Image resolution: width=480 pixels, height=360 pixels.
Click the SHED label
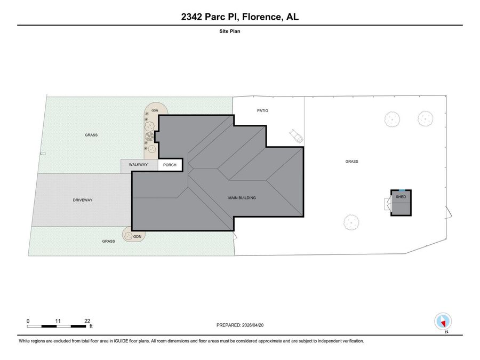tap(401, 197)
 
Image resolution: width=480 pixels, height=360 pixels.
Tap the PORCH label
tap(170, 165)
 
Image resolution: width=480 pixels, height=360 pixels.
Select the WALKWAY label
tap(138, 164)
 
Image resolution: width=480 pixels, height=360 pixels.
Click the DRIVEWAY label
tap(83, 200)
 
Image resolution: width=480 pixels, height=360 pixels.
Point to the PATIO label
tap(262, 110)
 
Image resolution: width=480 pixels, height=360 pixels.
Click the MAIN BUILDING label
tap(242, 198)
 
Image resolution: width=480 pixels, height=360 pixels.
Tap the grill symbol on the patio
tap(297, 136)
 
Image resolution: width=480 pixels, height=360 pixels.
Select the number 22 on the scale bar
tap(87, 321)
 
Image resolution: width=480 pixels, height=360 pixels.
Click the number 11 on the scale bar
tap(58, 321)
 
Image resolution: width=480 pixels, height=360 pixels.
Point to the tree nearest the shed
tap(351, 222)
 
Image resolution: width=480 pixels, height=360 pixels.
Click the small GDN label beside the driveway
tap(137, 236)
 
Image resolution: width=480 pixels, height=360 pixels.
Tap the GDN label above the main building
tap(155, 110)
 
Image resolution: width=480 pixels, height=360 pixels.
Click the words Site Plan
tap(229, 31)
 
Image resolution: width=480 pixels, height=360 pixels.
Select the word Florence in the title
tap(262, 17)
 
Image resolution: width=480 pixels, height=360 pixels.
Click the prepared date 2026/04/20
tap(253, 325)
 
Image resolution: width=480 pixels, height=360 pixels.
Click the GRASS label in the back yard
tap(352, 161)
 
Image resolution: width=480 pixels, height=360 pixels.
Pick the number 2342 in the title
tap(191, 17)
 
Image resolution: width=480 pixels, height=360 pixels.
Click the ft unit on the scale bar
tap(91, 326)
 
